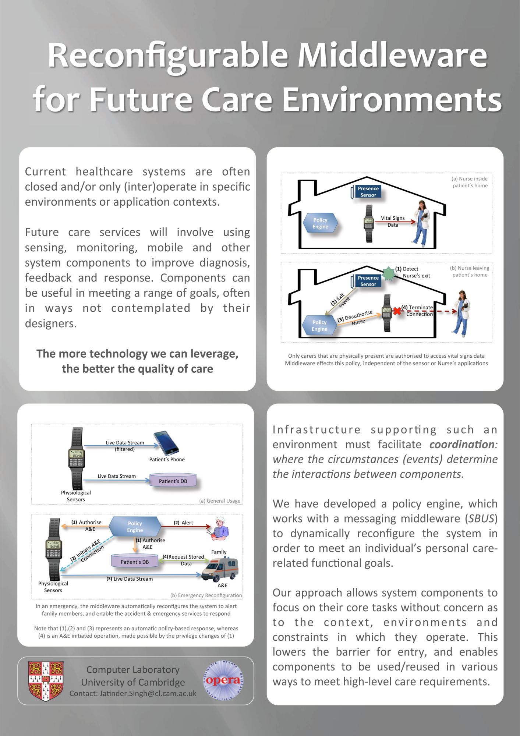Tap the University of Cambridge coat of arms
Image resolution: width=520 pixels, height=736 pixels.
pos(46,680)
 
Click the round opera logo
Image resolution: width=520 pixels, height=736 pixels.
pos(223,680)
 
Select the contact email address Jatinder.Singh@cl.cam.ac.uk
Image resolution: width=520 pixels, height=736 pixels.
pos(133,694)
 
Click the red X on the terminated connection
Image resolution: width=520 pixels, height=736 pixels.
pos(397,311)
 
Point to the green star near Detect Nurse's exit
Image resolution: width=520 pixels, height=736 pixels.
pos(389,273)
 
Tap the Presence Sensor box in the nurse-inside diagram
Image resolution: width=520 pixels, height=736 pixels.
pos(368,192)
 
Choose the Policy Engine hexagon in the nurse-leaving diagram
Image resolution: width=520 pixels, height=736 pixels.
pos(319,326)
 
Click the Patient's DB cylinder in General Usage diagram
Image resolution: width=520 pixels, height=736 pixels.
pos(173,481)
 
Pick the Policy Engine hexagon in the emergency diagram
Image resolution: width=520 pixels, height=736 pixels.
pos(135,527)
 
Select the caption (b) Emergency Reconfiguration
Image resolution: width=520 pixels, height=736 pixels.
pos(206,595)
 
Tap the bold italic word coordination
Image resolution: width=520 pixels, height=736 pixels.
pos(463,445)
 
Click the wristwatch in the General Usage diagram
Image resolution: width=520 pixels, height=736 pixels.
pos(77,458)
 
